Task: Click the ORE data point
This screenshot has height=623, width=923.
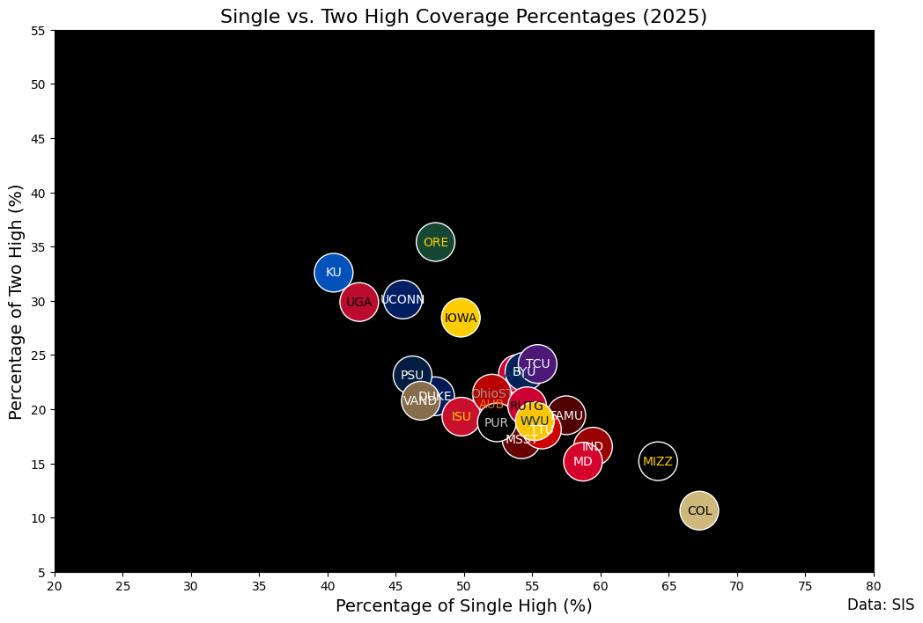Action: coord(435,242)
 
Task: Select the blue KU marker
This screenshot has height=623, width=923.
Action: coord(333,272)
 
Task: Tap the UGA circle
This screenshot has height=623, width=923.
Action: coord(358,302)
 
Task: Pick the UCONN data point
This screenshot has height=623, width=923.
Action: coord(402,300)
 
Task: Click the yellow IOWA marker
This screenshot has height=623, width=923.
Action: coord(461,318)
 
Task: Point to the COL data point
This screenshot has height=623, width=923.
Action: coord(699,510)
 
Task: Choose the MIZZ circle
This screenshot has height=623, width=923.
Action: coord(658,461)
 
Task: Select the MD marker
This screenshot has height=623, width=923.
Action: coord(583,461)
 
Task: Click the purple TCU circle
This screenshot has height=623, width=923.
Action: coord(537,363)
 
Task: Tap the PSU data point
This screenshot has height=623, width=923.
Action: coord(412,375)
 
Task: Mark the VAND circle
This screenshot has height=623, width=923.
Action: coord(420,400)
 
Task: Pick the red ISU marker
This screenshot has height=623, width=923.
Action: coord(461,416)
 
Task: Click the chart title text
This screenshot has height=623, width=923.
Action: coord(463,17)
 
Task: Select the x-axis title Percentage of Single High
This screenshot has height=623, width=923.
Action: coord(463,605)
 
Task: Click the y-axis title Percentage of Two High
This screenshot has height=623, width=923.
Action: coord(16,302)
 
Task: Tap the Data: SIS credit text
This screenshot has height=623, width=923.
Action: coord(880,605)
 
